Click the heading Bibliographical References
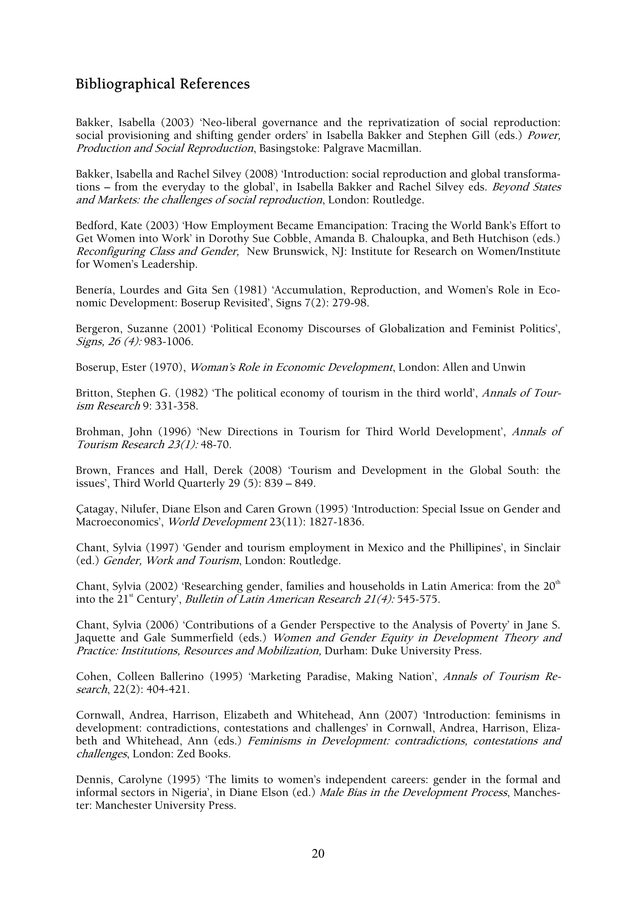click(163, 84)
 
